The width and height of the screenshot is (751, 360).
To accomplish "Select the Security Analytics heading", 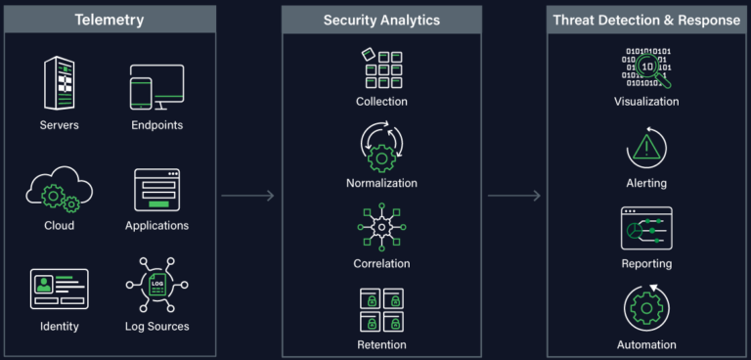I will [381, 20].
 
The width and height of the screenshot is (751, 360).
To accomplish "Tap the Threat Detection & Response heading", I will [645, 20].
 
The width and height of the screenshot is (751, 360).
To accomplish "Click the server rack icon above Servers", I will [59, 84].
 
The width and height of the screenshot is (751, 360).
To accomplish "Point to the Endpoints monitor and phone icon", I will [156, 87].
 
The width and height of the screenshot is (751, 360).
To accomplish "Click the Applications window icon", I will [156, 191].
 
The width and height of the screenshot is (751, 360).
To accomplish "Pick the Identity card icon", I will [59, 290].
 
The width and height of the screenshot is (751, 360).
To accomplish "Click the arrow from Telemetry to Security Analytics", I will [247, 196].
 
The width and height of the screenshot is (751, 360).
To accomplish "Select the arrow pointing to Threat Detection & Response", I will [513, 196].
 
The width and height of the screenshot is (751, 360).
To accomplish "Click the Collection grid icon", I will [381, 68].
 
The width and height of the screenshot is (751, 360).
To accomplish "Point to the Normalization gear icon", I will [381, 149].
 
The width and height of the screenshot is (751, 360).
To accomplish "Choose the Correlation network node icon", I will [381, 229].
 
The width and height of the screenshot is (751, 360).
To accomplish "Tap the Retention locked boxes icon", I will [381, 310].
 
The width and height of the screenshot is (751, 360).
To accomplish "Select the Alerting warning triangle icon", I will [645, 148].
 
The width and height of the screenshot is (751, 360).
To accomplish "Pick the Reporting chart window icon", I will [645, 229].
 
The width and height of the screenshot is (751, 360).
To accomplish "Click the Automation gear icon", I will [645, 309].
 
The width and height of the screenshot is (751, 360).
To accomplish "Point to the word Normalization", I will [381, 183].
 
